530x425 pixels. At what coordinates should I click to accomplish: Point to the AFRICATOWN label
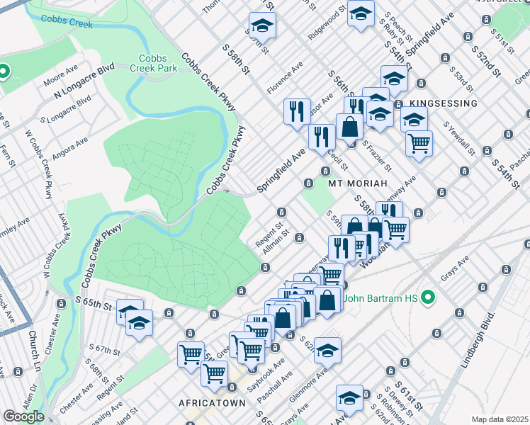coord(212,402)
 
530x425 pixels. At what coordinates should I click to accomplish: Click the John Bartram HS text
coord(381,298)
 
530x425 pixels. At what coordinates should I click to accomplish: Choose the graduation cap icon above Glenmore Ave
coord(327,350)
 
